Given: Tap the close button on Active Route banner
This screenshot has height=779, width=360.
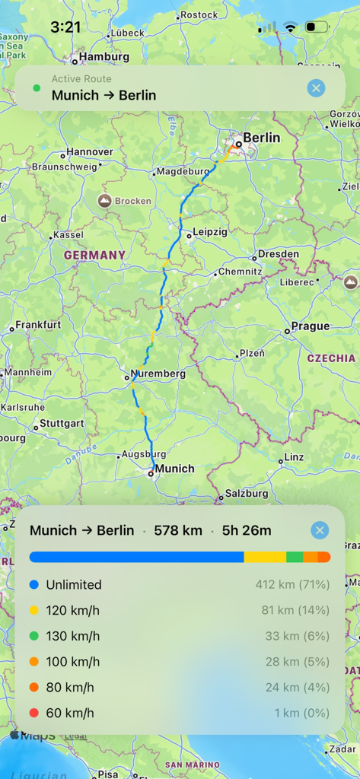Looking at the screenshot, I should pyautogui.click(x=316, y=88).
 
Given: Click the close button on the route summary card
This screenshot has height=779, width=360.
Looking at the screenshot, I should pyautogui.click(x=320, y=530).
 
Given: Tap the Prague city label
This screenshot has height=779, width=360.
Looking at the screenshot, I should pyautogui.click(x=310, y=326).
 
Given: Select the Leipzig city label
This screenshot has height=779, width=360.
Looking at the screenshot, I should pyautogui.click(x=209, y=232).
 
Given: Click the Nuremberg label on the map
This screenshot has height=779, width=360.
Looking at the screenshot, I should pyautogui.click(x=158, y=374).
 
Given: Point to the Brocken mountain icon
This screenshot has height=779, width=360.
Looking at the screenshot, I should pyautogui.click(x=104, y=201).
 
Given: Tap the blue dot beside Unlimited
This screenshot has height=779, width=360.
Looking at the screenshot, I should pyautogui.click(x=33, y=585).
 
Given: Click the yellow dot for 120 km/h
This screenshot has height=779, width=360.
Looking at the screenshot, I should pyautogui.click(x=33, y=610).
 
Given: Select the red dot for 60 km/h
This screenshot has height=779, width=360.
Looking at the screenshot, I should pyautogui.click(x=33, y=713).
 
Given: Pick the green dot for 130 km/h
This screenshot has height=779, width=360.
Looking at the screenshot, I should pyautogui.click(x=33, y=636).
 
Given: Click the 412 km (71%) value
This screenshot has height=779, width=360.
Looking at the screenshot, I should pyautogui.click(x=292, y=585).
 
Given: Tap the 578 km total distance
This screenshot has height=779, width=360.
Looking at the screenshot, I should pyautogui.click(x=178, y=530).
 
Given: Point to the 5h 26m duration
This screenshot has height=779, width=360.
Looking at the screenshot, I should pyautogui.click(x=247, y=530).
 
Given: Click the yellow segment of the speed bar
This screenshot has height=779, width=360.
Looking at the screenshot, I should pyautogui.click(x=265, y=557).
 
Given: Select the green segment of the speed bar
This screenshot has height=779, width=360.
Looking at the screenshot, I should pyautogui.click(x=295, y=557).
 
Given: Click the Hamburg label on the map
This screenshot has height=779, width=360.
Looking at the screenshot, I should pyautogui.click(x=104, y=56).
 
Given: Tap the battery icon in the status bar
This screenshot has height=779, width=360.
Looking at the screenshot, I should pyautogui.click(x=316, y=27).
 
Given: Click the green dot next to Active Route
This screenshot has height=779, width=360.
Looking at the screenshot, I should pyautogui.click(x=37, y=88).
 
